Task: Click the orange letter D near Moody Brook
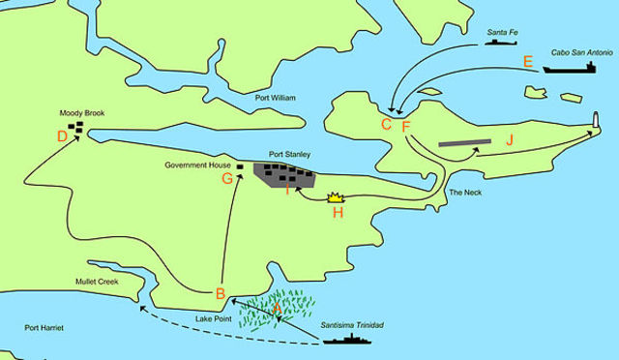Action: (63, 136)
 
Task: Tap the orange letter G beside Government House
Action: (227, 178)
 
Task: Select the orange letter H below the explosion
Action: (338, 213)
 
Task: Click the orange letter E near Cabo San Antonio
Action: (527, 62)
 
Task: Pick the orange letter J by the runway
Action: (510, 140)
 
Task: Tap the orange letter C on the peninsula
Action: (386, 124)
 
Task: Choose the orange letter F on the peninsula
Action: (405, 126)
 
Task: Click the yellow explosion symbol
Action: (337, 196)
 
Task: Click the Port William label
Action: (277, 98)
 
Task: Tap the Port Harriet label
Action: (44, 328)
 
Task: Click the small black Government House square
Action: (239, 166)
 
